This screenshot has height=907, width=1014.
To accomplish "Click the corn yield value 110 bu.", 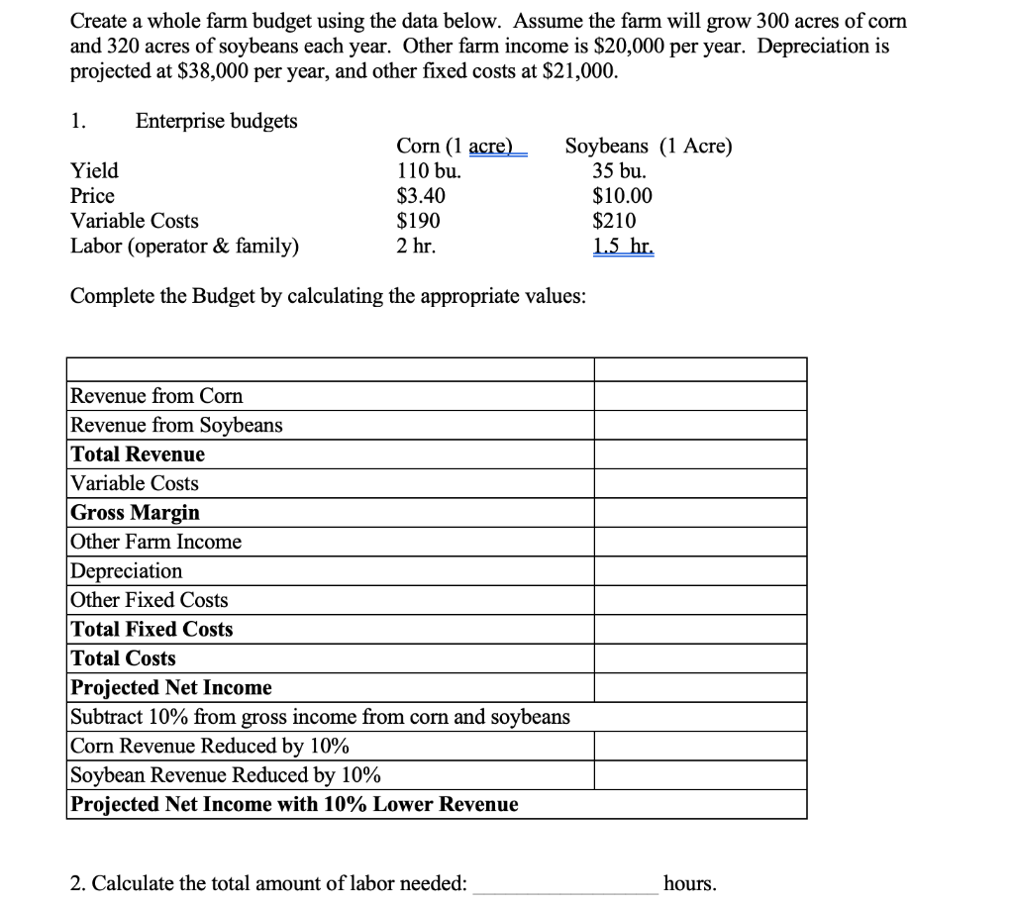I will point(428,170).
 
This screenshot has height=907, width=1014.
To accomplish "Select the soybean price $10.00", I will point(622,196).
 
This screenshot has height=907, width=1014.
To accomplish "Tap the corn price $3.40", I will point(421,196).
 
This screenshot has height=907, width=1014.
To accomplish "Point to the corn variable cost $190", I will point(418,221).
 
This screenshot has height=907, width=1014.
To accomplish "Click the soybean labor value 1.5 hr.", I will point(623,247).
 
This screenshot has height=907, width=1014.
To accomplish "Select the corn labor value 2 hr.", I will point(416,247).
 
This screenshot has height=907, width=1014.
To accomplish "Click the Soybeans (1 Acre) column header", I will point(649,147).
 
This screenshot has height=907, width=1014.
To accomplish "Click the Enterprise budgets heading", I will point(216,121).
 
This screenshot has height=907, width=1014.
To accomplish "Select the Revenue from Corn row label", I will point(156,396).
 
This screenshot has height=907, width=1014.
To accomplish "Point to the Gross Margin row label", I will point(135,513).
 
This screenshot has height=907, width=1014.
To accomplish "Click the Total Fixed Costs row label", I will point(152,630).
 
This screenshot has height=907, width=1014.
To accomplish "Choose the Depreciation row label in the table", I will point(127,571).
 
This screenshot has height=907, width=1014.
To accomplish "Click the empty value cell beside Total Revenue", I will point(700,454).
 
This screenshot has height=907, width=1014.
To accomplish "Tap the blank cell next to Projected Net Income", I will point(700,687).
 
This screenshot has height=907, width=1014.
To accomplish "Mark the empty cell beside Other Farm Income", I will point(700,542).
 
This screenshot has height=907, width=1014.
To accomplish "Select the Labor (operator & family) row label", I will point(184,247).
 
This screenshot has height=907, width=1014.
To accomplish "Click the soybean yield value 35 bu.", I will point(619,170).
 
